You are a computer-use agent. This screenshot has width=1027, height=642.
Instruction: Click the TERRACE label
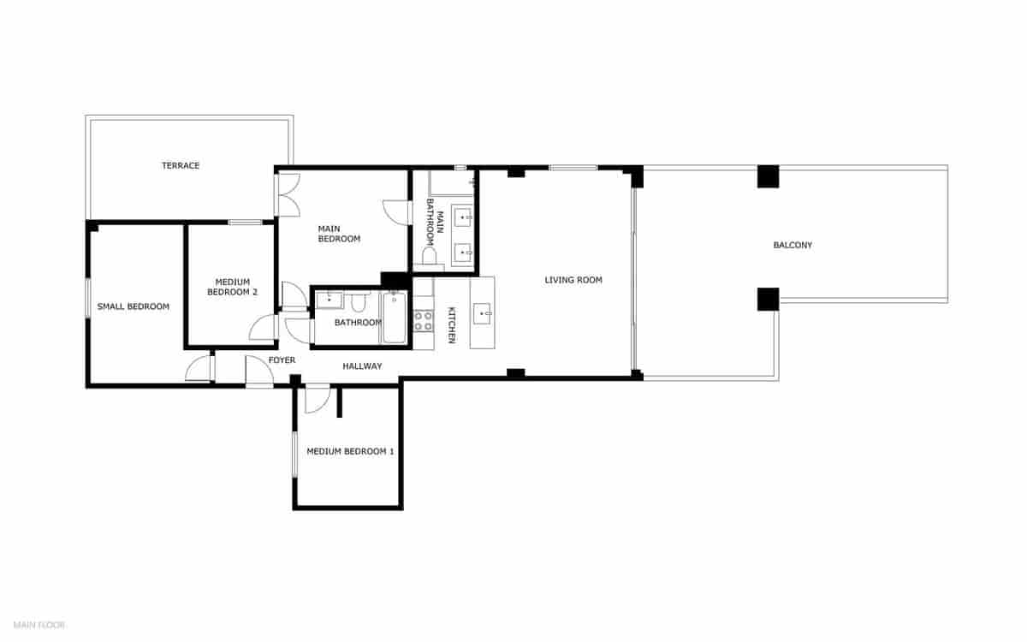[x=181, y=165]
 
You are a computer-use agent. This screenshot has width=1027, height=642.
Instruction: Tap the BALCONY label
[x=793, y=246]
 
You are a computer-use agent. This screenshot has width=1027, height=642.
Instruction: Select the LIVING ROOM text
[x=573, y=280]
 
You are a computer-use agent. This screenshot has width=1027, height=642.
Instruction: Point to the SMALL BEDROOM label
[x=133, y=306]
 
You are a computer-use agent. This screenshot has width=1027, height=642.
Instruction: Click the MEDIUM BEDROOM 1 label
[x=350, y=451]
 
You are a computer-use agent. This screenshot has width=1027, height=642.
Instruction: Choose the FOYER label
[x=282, y=360]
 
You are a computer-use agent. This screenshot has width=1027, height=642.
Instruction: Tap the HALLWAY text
[x=362, y=366]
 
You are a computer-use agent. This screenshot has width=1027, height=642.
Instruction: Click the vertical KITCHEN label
[x=452, y=325]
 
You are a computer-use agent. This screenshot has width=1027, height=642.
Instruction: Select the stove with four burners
[x=424, y=321]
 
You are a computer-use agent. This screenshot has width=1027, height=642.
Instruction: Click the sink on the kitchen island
[x=483, y=314]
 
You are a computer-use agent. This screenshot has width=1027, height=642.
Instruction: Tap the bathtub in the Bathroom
[x=395, y=318]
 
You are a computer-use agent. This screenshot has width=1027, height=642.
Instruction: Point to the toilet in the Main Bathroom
[x=429, y=255]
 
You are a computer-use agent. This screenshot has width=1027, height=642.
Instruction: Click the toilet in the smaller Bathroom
[x=359, y=302]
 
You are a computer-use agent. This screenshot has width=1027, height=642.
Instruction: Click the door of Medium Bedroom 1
[x=316, y=399]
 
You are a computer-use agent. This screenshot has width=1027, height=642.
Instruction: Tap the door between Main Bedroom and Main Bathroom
[x=396, y=212]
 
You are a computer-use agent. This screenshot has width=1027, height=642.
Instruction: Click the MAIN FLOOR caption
[x=39, y=625]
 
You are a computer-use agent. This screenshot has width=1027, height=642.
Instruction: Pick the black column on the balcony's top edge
[x=768, y=175]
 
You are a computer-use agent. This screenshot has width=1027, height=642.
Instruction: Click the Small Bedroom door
[x=199, y=368]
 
